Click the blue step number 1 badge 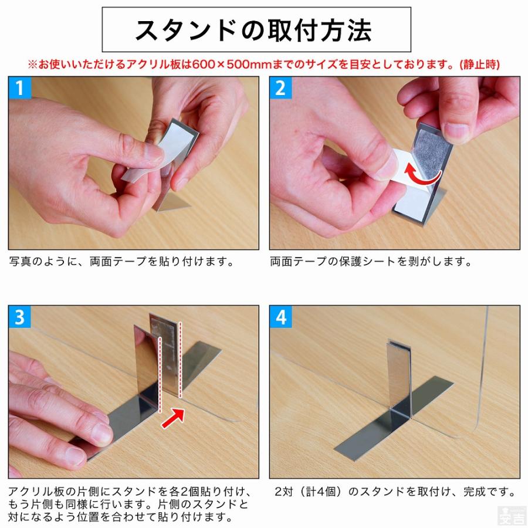[19, 88]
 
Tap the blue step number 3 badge [19, 317]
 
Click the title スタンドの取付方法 [256, 29]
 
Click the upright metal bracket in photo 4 [398, 375]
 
